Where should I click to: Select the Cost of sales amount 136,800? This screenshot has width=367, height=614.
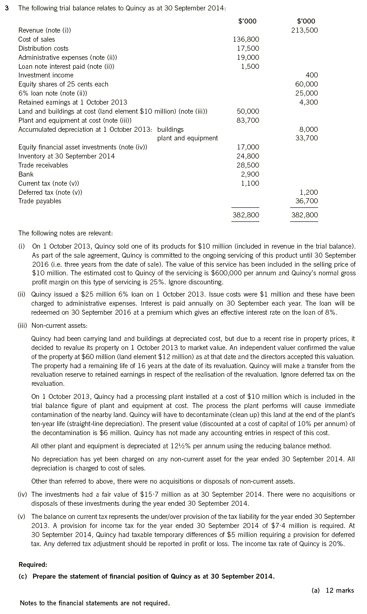point(246,39)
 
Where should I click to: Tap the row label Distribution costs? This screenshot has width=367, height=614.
point(43,48)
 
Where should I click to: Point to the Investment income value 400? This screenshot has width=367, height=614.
point(312,75)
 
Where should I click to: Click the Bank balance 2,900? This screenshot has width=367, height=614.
point(250,174)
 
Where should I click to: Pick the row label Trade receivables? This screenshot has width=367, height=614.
point(43,165)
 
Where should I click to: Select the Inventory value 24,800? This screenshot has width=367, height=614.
point(248,156)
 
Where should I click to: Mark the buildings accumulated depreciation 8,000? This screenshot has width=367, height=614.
point(310,130)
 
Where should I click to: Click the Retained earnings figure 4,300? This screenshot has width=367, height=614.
point(310,102)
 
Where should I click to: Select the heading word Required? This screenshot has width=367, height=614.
point(33,565)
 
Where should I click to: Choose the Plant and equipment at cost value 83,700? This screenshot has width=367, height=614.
point(248,120)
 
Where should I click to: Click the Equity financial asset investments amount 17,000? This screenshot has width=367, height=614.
point(248,147)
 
